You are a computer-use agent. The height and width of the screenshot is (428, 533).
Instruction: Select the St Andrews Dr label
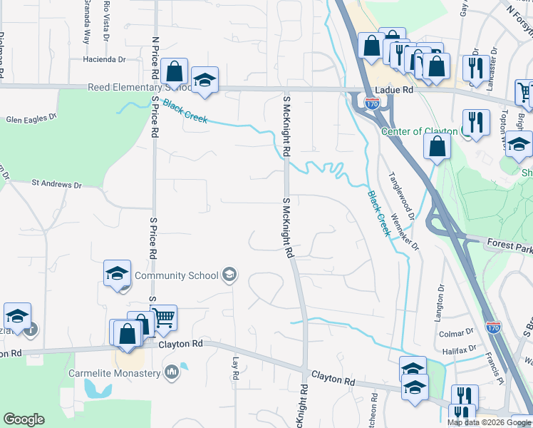point(56,184)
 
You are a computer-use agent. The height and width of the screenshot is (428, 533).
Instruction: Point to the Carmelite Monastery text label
point(114,373)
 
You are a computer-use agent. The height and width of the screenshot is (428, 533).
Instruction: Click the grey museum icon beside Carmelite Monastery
point(171,372)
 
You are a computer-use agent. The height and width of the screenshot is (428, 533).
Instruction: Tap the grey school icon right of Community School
point(229,275)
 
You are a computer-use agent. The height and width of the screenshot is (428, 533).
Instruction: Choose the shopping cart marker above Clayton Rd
point(164,319)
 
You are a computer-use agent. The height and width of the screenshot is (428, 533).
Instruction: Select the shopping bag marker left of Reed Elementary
point(175,71)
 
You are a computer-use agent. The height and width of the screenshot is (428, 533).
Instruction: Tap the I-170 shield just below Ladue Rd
point(372,103)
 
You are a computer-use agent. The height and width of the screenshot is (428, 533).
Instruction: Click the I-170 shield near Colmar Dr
point(493,327)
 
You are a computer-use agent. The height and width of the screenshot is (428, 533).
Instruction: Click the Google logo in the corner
point(24,419)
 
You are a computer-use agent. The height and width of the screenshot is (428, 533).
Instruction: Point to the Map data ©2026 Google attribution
point(488,422)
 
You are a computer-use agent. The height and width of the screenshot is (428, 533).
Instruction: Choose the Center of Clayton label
point(420,131)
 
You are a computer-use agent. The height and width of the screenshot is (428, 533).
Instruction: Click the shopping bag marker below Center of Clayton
point(437,146)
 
